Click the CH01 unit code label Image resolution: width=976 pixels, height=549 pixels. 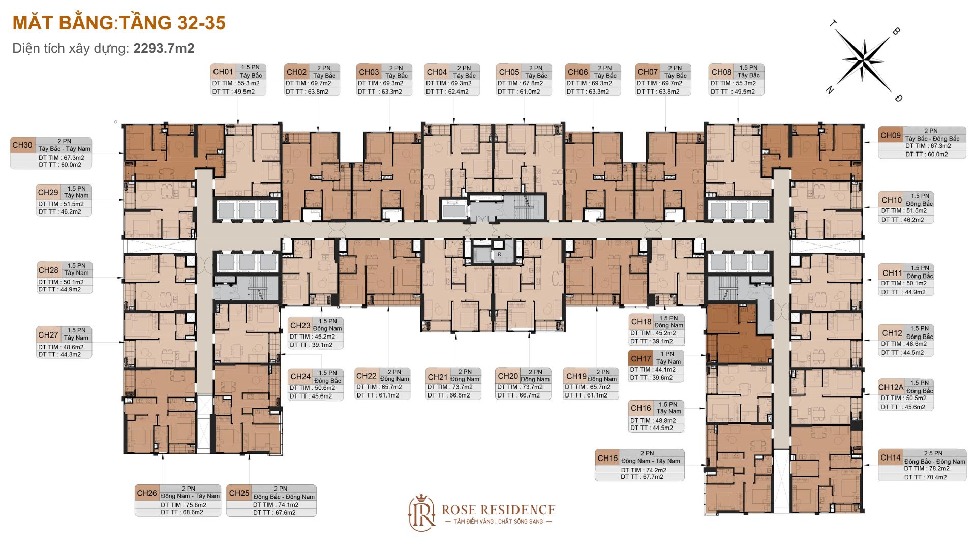pos(223,72)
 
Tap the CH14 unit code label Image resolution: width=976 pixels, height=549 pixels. pos(891,457)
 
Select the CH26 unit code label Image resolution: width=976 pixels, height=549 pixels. pos(147,493)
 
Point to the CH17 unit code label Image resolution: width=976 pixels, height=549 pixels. pos(641,358)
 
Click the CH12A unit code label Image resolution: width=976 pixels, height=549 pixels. pos(891,387)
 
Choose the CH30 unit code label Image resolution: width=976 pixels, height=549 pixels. pos(22,145)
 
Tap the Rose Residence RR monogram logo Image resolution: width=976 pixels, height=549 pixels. pos(422,513)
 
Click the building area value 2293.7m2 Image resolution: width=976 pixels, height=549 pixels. pos(164,48)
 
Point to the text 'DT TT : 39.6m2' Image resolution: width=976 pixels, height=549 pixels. pos(651,378)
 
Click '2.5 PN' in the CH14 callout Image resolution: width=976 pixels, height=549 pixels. pos(933,453)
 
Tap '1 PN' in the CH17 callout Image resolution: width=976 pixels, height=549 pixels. pos(667,354)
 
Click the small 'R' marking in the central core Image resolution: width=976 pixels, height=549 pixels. pos(499,254)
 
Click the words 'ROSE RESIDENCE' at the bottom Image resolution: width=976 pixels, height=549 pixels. pos(498,510)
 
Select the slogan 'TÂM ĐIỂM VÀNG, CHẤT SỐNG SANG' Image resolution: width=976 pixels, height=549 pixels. pos(498,522)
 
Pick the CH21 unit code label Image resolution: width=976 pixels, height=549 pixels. pos(438,377)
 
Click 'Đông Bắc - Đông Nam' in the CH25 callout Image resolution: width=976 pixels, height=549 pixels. pos(284,497)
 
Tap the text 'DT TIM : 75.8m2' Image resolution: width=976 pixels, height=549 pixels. pos(184,505)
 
